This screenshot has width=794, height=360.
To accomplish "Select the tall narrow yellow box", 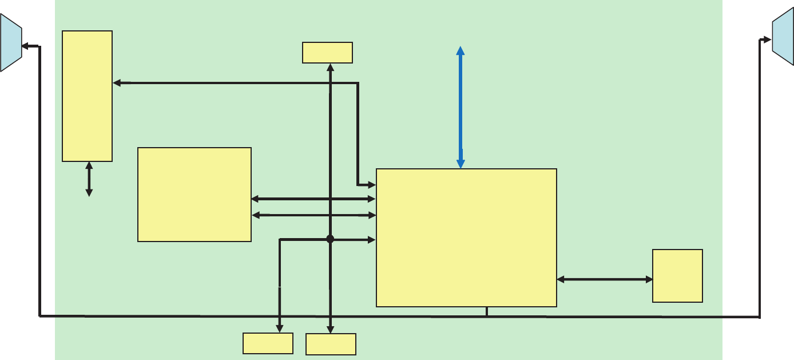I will coord(87,96).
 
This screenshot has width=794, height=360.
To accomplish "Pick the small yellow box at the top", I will coord(327,52).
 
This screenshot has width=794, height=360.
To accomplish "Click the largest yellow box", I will coord(466,238).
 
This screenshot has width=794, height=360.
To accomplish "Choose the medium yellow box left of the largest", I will coord(194,195).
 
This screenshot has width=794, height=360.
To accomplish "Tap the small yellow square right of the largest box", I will coord(677,275).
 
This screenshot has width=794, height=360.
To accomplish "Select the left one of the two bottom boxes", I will coord(268,343).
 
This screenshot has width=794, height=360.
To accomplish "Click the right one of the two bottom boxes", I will coord(331,344).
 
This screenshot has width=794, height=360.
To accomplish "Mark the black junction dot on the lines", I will coord(330,239).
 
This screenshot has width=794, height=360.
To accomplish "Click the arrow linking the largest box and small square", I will coord(605,279).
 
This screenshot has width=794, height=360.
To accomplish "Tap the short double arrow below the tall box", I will coord(89,179).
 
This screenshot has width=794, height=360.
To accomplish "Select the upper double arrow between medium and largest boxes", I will coord(313,199).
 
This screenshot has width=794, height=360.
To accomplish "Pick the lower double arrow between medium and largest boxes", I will coord(313,215).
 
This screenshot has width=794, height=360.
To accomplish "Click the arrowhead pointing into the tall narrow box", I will coord(117,84).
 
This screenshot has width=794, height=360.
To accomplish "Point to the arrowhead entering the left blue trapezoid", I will coord(25,46).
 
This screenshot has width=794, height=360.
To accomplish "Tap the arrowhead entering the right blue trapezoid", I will coord(768,39).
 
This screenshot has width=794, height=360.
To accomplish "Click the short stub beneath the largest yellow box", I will coord(486,311).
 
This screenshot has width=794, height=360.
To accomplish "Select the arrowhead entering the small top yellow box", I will coord(330,67).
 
